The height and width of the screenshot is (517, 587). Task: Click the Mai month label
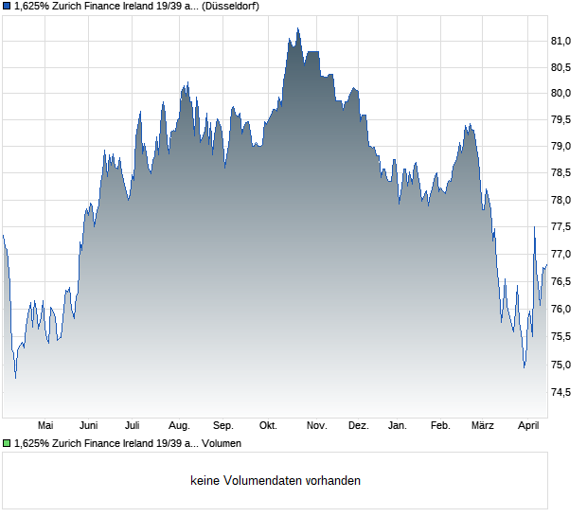click(x=44, y=425)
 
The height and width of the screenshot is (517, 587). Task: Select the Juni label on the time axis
click(x=89, y=425)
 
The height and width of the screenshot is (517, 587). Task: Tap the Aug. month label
click(x=179, y=425)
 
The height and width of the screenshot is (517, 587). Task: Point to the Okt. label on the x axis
click(x=268, y=425)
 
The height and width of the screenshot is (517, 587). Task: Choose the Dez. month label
click(x=358, y=425)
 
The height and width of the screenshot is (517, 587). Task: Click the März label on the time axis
click(x=483, y=425)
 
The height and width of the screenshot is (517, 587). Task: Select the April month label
click(x=528, y=425)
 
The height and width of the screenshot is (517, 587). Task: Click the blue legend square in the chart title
click(x=7, y=6)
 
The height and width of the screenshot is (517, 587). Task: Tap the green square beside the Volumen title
click(x=7, y=442)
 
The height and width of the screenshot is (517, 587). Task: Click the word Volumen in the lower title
click(x=222, y=443)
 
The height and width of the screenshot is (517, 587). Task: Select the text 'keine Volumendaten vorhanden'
click(x=276, y=481)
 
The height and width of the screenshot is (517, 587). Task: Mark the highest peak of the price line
click(x=297, y=28)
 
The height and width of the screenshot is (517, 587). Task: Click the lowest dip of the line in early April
click(x=524, y=367)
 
